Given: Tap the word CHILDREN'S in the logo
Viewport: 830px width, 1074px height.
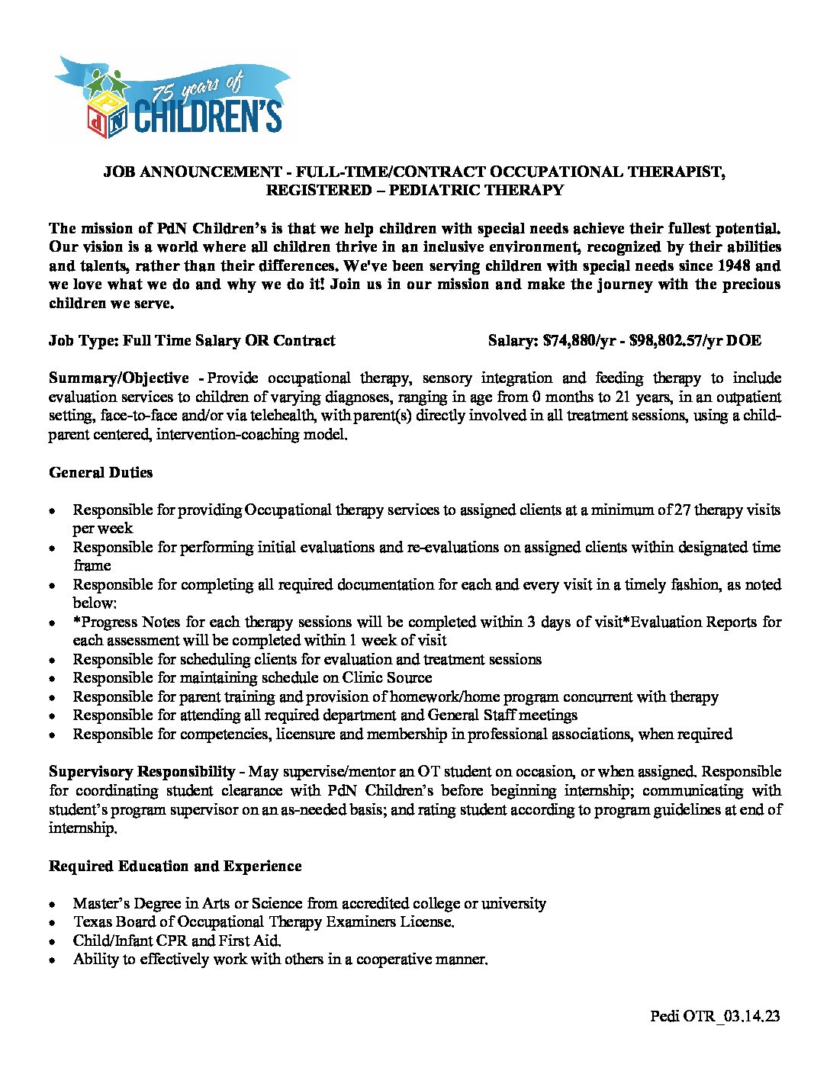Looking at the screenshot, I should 207,115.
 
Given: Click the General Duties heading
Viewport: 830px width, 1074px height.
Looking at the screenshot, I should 101,473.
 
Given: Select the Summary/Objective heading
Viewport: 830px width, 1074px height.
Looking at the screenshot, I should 118,378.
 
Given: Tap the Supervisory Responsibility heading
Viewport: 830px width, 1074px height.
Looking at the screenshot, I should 142,772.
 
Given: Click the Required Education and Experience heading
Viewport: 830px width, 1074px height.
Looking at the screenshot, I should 175,867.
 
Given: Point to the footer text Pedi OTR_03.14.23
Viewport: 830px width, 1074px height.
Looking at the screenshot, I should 715,1016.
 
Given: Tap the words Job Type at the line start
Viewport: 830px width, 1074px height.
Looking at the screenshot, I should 81,341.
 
